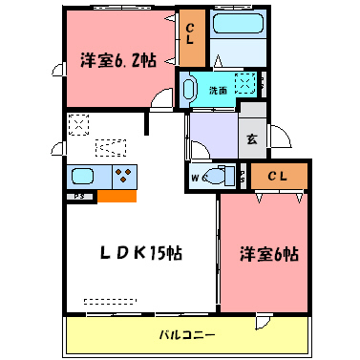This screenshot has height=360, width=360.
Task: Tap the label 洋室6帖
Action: coord(269,255)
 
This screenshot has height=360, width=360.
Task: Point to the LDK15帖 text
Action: coord(142,253)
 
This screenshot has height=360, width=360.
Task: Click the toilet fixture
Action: coord(217,176)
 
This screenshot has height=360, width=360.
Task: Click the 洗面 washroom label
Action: coord(219,91)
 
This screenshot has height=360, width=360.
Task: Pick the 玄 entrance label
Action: coord(252,139)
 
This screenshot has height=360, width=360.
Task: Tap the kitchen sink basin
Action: coord(84,177)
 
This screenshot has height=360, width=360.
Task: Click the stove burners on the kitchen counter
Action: coord(124,176)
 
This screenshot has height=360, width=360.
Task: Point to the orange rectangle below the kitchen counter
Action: coord(116,197)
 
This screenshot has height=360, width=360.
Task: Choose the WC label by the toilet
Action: coord(198,177)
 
